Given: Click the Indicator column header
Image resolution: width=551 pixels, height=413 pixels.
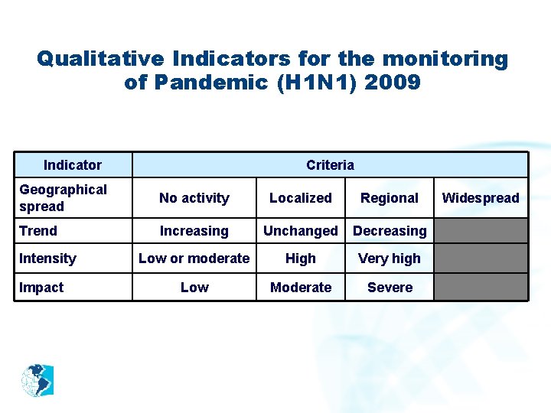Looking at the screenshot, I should point(73,164).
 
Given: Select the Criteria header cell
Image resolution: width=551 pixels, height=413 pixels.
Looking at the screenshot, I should point(330,164).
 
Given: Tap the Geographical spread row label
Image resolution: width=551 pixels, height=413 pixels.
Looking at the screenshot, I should point(63,197).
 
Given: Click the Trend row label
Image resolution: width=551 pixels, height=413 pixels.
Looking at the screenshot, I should point(38,230).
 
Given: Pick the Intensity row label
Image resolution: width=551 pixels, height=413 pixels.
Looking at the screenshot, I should point(47,259).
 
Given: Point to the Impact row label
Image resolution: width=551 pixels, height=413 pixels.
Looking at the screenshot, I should point(41,287).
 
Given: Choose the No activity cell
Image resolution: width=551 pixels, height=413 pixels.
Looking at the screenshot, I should point(194,198).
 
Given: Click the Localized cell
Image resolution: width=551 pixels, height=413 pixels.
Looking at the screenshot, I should point(300,198).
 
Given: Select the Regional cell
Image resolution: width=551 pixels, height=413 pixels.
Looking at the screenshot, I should point(390,198).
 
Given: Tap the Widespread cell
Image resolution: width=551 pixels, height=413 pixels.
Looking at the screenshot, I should point(481,198).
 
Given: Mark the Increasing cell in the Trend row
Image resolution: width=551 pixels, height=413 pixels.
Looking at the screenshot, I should point(194,231).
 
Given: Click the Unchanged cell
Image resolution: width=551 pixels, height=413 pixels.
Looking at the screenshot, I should point(300,231).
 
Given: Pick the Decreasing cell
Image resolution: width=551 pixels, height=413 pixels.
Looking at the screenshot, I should point(390,231).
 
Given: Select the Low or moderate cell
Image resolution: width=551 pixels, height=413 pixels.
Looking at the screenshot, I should point(194,259).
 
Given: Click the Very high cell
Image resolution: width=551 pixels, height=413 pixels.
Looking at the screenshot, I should point(390,259).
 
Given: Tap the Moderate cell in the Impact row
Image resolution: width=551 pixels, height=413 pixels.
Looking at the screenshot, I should point(300,288).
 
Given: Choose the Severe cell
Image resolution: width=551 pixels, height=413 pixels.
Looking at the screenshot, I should point(390,288).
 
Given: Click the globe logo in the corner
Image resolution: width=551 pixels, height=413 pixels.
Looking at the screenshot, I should point(37,380).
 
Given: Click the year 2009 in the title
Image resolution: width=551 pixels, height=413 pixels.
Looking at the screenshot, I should point(393,82).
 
